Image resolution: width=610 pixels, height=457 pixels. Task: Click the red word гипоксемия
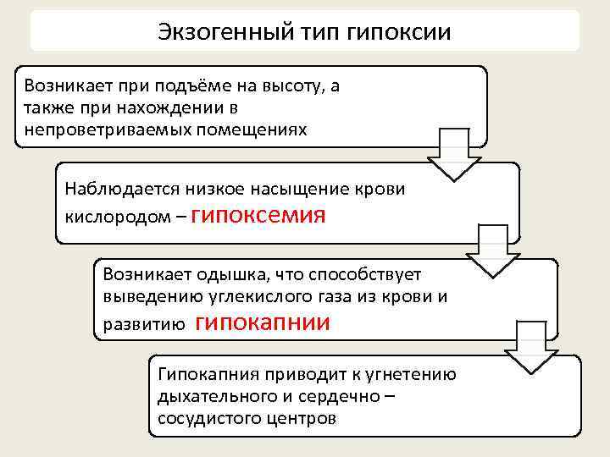click(x=259, y=214)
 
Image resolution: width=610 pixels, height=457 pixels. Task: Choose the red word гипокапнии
click(x=263, y=322)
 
